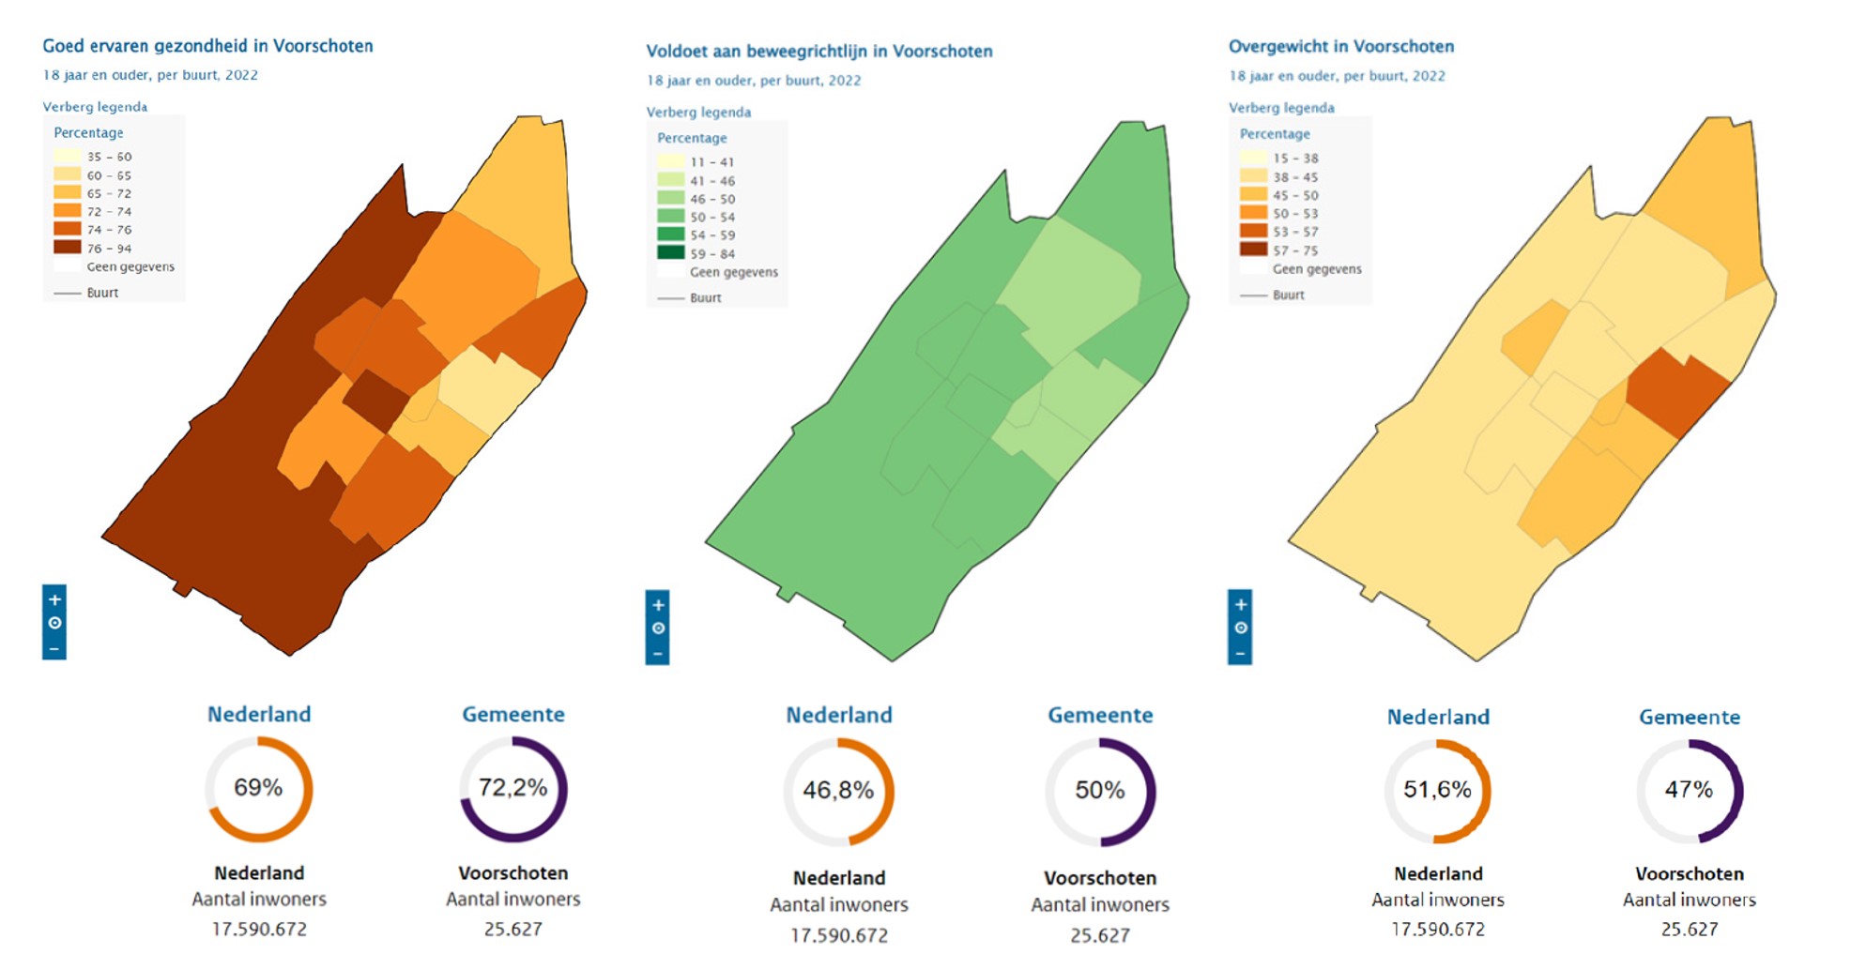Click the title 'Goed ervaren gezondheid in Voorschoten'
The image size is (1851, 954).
coord(207,46)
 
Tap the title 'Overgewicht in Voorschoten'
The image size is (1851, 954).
coord(1340,47)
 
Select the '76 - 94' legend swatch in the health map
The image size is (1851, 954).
coord(67,248)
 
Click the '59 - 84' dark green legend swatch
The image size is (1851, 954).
coord(670,253)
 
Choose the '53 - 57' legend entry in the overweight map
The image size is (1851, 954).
coord(1253,232)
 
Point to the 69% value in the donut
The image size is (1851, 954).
coord(258,788)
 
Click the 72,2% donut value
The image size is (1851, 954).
coord(512,788)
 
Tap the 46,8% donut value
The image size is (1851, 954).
coord(838,791)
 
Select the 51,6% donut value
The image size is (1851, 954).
coord(1437,790)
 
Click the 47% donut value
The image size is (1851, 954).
coord(1689,790)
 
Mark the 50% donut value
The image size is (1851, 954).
coord(1100,791)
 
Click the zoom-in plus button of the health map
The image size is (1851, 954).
coord(54,599)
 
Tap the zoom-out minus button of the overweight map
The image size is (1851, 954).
coord(1240,653)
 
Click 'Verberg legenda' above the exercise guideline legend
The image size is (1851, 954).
coord(698,113)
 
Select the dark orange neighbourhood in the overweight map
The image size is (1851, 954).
coord(1676,390)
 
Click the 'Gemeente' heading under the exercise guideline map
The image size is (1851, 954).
coord(1100,716)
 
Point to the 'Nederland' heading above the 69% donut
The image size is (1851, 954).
coord(259,715)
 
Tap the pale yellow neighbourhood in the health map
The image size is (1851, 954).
coord(485,389)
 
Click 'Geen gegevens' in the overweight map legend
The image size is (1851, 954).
coord(1316,269)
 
